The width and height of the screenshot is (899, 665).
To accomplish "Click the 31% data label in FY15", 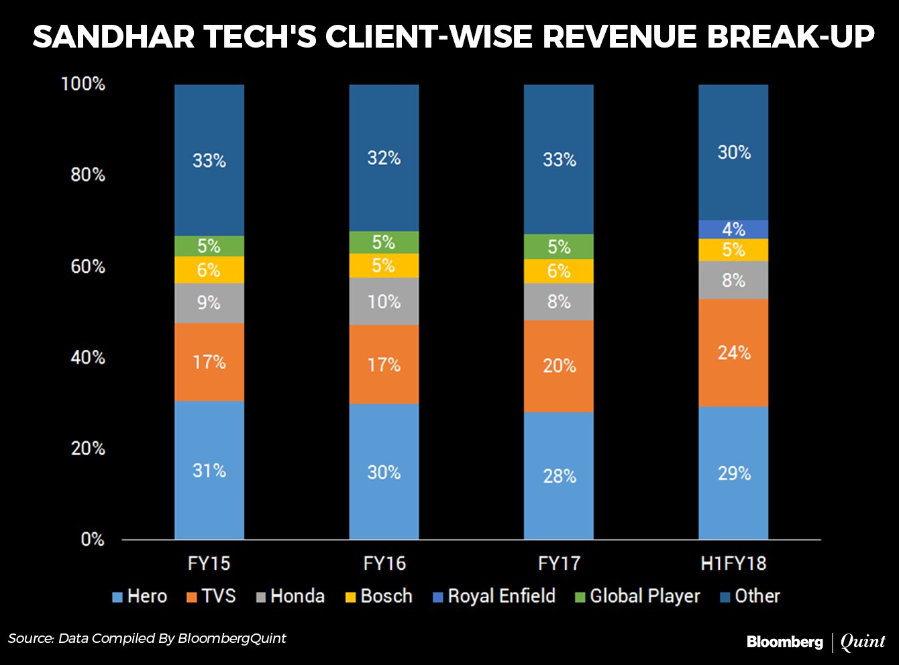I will pos(209,471).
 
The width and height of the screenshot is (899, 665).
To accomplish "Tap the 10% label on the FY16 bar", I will pos(384,302).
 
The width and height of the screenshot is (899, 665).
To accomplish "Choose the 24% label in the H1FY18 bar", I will pos(734,353).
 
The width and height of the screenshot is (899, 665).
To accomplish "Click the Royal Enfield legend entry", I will pos(494,596).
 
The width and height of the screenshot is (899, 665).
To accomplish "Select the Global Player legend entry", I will pos(637,596).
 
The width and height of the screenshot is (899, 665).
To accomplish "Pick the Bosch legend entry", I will pos(378,596).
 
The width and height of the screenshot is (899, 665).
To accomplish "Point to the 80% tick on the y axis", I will pos(88,175).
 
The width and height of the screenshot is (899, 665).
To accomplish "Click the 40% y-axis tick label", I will pos(88,357).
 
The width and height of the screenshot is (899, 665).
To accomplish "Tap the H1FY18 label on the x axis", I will pos(733,563).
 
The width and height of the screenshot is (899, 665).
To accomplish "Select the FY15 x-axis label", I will pos(209,563).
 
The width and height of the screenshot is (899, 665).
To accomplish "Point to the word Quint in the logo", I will pos(863,642).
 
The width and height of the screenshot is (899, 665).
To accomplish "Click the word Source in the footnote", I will pos(30,638).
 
